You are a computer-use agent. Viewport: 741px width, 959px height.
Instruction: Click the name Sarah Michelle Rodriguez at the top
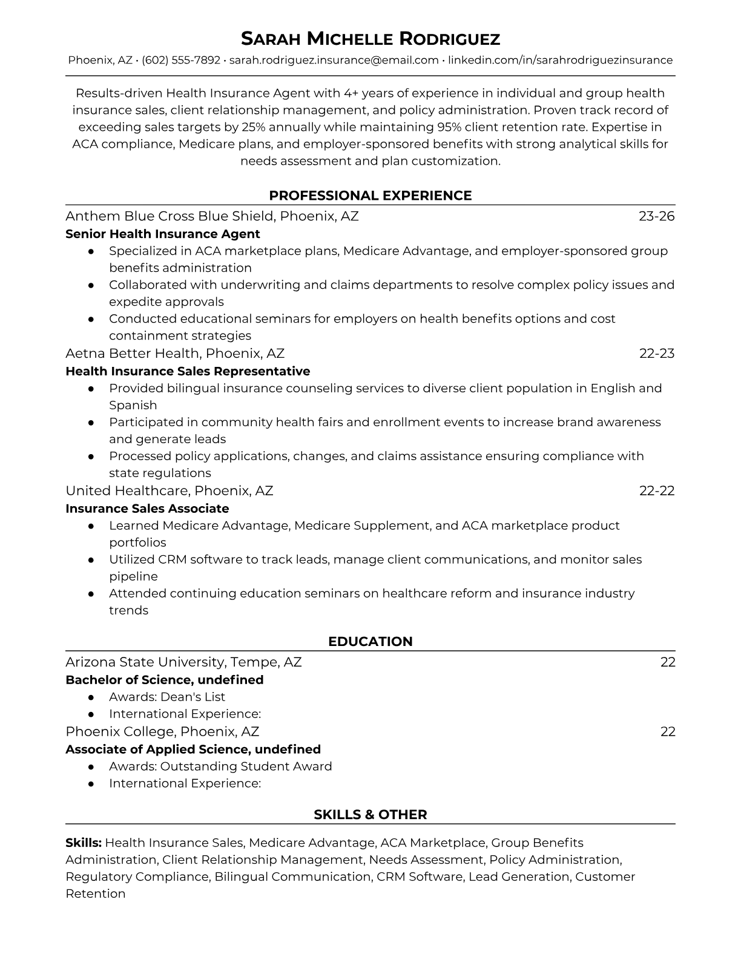point(370,39)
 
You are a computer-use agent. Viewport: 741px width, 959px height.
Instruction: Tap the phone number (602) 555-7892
point(181,60)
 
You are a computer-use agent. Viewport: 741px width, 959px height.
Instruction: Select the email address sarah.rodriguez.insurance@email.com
point(334,60)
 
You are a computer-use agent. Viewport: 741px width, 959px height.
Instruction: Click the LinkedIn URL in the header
point(560,60)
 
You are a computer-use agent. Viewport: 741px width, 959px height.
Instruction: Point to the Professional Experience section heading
point(370,196)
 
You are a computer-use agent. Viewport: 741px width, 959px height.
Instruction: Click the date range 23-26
point(657,216)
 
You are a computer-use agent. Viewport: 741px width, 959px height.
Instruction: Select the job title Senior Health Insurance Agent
point(162,234)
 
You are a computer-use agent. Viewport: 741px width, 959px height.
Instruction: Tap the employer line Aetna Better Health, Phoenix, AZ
point(175,353)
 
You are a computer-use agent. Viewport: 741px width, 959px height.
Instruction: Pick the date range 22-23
point(657,353)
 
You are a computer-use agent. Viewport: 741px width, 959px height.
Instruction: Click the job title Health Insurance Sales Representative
point(188,371)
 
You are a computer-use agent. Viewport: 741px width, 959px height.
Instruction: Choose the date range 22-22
point(657,490)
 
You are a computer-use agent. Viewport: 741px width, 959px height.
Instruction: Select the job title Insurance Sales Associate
point(147,509)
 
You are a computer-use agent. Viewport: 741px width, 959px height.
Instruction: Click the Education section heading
point(370,642)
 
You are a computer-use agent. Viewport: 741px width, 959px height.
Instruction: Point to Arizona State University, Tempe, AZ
point(183,662)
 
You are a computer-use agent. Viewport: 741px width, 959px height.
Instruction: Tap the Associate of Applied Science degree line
point(193,749)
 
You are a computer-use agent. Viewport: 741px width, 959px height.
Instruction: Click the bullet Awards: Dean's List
point(167,697)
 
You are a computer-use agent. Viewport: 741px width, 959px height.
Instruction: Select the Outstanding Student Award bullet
point(220,766)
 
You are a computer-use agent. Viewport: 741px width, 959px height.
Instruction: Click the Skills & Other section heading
point(370,815)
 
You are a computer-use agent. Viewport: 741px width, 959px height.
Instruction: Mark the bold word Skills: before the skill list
point(84,843)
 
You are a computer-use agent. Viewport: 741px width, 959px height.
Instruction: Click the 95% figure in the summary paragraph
point(449,127)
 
